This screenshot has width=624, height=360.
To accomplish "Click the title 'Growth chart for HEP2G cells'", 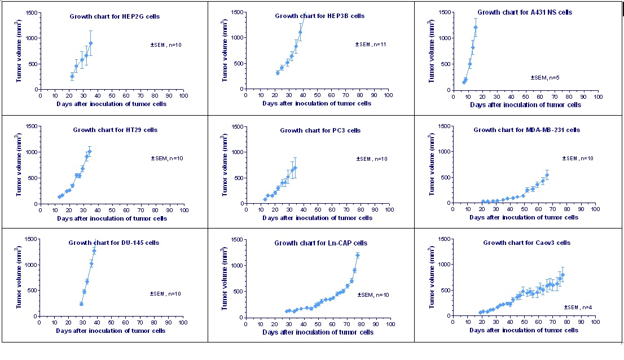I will point(115,16).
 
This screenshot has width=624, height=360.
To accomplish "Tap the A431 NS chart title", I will point(524,12).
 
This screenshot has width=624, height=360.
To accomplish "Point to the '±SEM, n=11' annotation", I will point(370,44).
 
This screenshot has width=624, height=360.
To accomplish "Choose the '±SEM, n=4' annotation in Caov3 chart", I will point(578,307).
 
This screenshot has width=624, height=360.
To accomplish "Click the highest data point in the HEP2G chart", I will point(90,43).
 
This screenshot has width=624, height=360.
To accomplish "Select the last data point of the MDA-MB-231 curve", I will point(547,175).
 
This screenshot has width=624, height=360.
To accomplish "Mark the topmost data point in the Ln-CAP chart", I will point(357,256).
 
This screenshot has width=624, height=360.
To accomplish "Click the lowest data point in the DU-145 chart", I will point(81,304).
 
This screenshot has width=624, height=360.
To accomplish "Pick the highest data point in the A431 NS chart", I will point(475,27).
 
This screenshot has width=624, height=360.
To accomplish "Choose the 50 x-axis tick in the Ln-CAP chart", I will point(318,324).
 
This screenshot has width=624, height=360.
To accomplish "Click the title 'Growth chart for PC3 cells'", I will point(320,130).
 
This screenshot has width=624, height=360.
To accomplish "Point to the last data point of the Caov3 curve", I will point(563,275).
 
